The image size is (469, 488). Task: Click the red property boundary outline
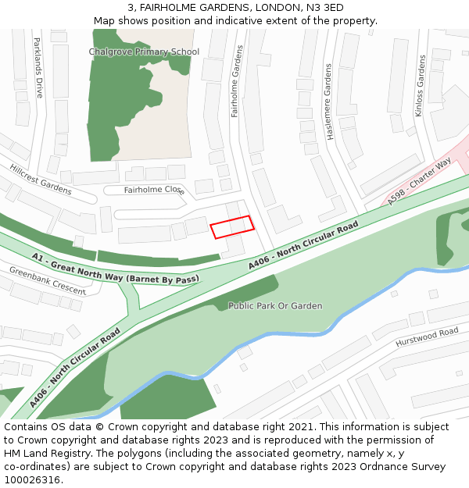[232, 226]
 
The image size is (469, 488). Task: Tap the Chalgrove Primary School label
[144, 52]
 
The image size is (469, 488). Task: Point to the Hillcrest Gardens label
[41, 180]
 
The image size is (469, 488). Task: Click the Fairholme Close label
[154, 190]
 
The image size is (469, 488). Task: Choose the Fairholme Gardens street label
[237, 81]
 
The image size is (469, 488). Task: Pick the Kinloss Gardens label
[420, 86]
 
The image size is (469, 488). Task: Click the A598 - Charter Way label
[419, 182]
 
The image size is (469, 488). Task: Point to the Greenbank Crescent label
[47, 280]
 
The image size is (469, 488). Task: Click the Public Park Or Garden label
[275, 306]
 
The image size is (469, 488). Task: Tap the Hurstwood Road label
[427, 337]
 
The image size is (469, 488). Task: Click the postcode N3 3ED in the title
[324, 8]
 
